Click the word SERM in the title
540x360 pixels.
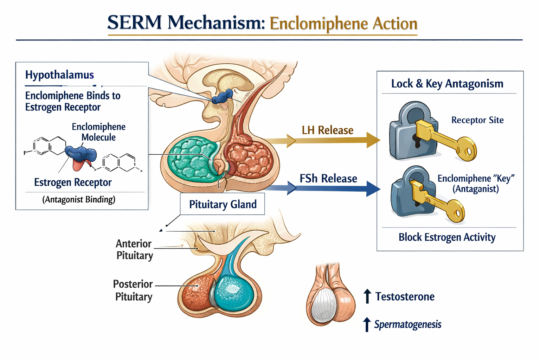pos(134,22)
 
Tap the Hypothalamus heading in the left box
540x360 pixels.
pos(59,75)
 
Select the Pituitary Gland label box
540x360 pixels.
pos(222,204)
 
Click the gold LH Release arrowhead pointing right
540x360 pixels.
pos(373,140)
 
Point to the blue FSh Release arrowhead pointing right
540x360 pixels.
pos(373,188)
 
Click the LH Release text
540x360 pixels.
pos(328,130)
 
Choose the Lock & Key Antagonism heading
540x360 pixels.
pos(447,84)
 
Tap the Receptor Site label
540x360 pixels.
pos(477,120)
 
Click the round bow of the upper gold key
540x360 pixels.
pos(467,149)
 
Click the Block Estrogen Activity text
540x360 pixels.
pos(447,237)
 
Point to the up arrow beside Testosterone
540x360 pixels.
pos(367,296)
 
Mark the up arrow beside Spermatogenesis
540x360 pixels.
pos(367,324)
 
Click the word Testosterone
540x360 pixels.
pos(405,297)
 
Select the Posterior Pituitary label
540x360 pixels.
pos(133,290)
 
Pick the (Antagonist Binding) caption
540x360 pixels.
pos(79,199)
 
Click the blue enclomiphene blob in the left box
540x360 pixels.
pos(81,154)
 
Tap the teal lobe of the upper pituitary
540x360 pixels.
pos(191,159)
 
